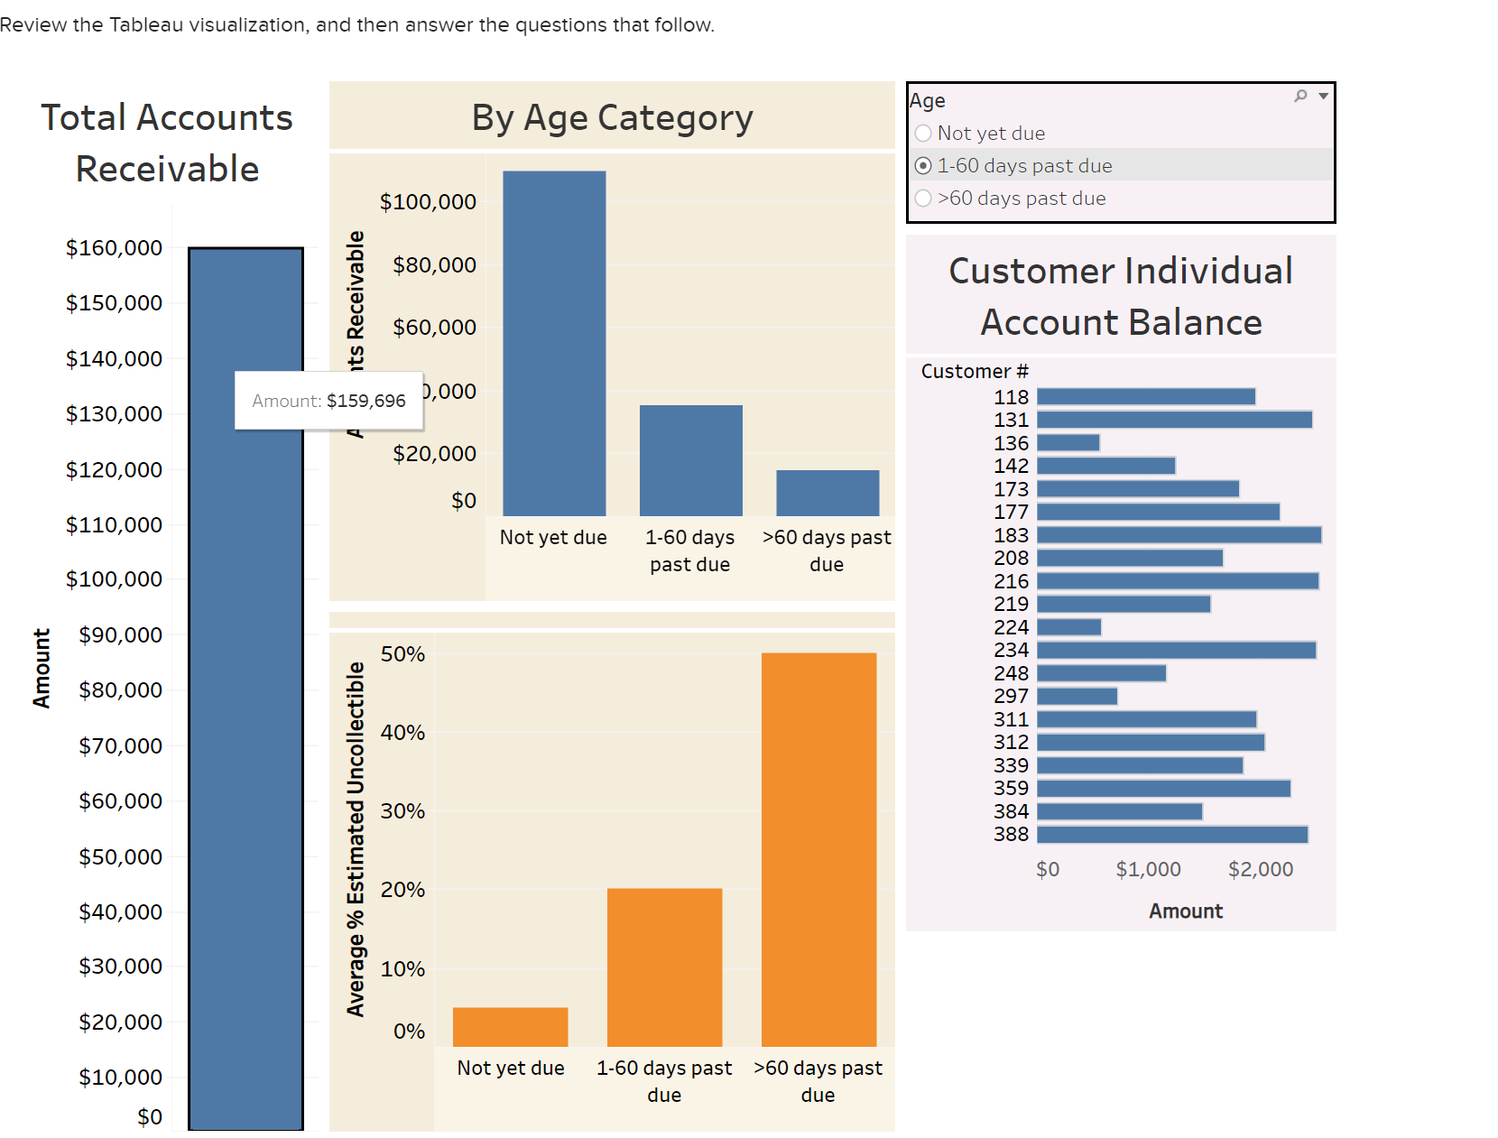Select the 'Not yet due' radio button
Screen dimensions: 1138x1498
pyautogui.click(x=923, y=134)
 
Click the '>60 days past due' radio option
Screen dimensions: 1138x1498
pyautogui.click(x=923, y=199)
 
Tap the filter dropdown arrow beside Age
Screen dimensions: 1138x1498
pyautogui.click(x=1323, y=96)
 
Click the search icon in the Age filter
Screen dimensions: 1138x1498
pyautogui.click(x=1300, y=96)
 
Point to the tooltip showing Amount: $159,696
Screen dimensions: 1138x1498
pyautogui.click(x=328, y=401)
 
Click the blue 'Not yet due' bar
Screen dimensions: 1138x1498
pyautogui.click(x=554, y=343)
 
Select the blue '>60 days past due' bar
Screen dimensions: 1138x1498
pyautogui.click(x=828, y=493)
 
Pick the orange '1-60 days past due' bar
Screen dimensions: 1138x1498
pyautogui.click(x=664, y=967)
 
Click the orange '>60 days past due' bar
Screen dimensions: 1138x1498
pyautogui.click(x=818, y=848)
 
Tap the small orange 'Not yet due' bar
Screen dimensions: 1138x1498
pyautogui.click(x=510, y=1027)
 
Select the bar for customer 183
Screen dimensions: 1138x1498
pyautogui.click(x=1179, y=535)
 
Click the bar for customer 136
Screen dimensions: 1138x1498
pyautogui.click(x=1068, y=443)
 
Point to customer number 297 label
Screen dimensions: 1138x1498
pyautogui.click(x=1011, y=697)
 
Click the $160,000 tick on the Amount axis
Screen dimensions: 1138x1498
pyautogui.click(x=114, y=248)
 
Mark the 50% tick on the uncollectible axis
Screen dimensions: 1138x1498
pyautogui.click(x=402, y=654)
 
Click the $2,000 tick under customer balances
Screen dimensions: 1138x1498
pyautogui.click(x=1260, y=869)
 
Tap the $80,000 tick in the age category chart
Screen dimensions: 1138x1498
pyautogui.click(x=434, y=265)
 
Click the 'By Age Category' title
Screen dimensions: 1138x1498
pyautogui.click(x=612, y=118)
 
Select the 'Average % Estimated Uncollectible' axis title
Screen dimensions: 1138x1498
pyautogui.click(x=356, y=838)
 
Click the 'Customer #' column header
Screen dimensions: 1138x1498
pyautogui.click(x=974, y=372)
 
